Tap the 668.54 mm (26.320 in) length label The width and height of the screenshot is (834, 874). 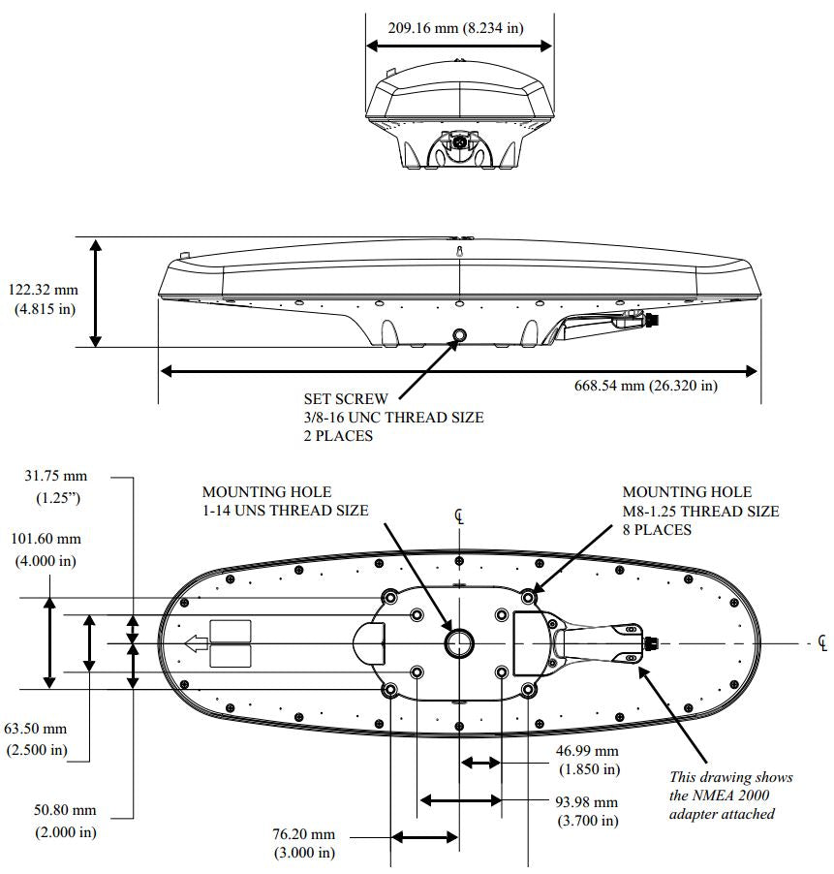(x=646, y=386)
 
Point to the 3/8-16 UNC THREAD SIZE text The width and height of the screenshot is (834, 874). (x=393, y=417)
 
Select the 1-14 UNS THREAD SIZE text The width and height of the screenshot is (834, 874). (x=285, y=511)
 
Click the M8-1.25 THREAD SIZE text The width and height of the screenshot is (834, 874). (x=700, y=511)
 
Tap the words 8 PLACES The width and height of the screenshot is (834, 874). (x=657, y=530)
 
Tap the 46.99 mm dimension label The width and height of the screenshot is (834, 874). (x=585, y=751)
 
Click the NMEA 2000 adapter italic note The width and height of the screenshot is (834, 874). (x=730, y=796)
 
